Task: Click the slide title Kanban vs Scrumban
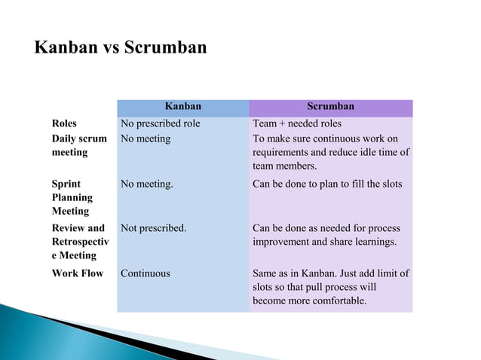(x=121, y=47)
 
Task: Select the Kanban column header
(x=183, y=107)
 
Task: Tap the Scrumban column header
(x=330, y=107)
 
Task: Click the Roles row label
(x=64, y=124)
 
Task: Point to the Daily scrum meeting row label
(x=79, y=145)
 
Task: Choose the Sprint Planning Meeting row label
(x=72, y=197)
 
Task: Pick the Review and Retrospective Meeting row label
(x=79, y=242)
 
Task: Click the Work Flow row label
(x=77, y=273)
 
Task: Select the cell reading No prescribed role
(x=160, y=124)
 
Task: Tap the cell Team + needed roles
(x=297, y=124)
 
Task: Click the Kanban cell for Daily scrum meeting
(x=146, y=139)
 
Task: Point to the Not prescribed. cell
(x=153, y=228)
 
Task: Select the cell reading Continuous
(x=146, y=273)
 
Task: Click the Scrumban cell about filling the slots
(x=327, y=184)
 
